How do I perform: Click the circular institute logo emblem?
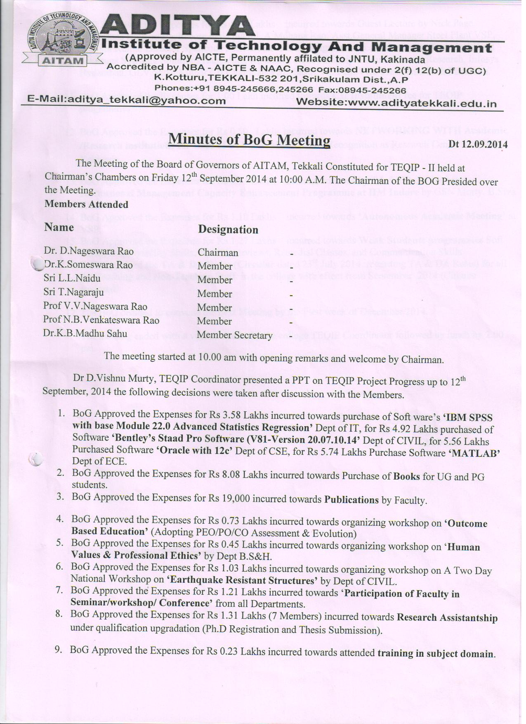point(61,38)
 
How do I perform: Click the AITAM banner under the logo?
point(62,61)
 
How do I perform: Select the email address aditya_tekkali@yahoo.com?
point(127,101)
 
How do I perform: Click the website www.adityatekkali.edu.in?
point(396,102)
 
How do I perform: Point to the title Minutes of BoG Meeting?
point(250,140)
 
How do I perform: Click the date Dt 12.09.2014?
point(478,144)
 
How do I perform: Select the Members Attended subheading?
point(86,204)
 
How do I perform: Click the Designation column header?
point(228,230)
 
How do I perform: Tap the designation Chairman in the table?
point(218,252)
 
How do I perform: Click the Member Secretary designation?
point(234,335)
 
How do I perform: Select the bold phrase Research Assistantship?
point(447,617)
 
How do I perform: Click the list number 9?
point(59,650)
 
